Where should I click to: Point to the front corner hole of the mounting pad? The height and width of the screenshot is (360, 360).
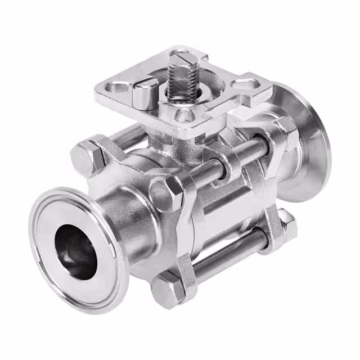click(x=183, y=116)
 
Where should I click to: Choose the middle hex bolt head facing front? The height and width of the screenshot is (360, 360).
click(x=166, y=194)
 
